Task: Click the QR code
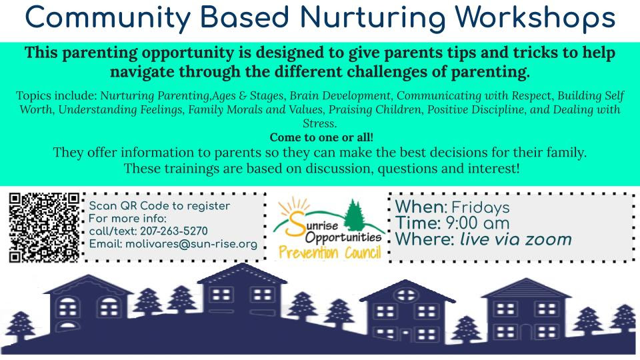click(44, 227)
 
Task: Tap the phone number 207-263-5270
click(174, 231)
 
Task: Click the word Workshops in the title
click(535, 18)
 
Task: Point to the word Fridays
click(481, 208)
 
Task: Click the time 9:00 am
click(477, 223)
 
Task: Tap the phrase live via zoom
click(516, 239)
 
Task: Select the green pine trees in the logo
click(355, 215)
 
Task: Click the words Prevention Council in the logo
click(330, 253)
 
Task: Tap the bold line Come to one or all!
click(321, 137)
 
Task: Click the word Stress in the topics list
click(319, 123)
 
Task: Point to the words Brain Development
click(339, 95)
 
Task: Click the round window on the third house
click(406, 295)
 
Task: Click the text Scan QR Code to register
click(159, 206)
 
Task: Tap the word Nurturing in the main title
click(372, 19)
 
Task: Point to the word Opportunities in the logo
click(343, 238)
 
